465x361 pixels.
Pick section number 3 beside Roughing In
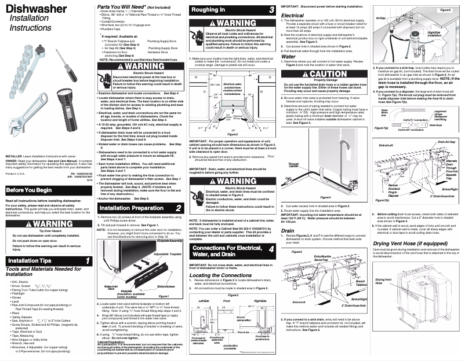pyautogui.click(x=271, y=10)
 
